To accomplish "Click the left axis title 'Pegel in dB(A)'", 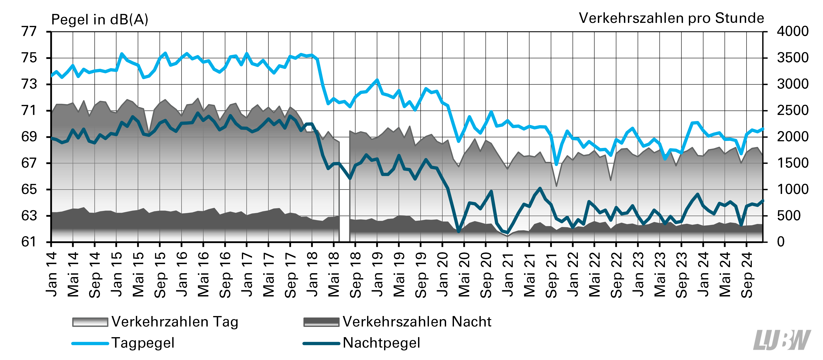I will pos(100,20).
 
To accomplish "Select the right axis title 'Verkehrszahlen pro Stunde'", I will pos(671,18).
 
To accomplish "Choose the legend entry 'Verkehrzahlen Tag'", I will pos(175,322).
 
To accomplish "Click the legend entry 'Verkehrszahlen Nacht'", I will pos(417,322).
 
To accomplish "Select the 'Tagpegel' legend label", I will pos(143,343).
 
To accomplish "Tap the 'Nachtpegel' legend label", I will pos(381,343).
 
